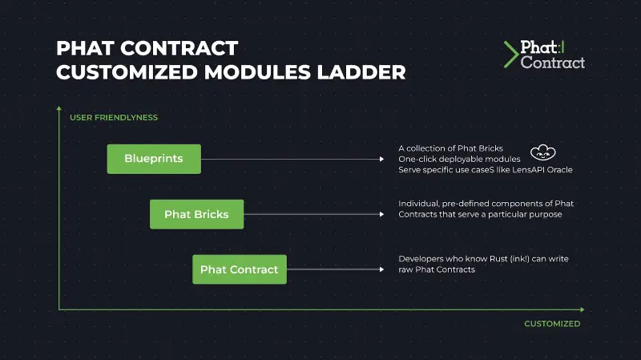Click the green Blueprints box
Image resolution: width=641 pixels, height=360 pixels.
coord(154,159)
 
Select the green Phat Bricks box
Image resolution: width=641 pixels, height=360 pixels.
coord(196,214)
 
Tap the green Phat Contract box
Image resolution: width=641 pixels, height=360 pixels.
coord(239,269)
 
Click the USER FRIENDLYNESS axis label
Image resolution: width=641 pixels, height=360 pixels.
coord(114,118)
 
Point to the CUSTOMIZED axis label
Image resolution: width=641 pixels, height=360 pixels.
coord(552,324)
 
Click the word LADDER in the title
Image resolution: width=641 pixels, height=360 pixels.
coord(361,72)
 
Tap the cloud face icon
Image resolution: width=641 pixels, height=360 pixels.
coord(543,152)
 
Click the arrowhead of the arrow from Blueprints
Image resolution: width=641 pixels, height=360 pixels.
coord(382,159)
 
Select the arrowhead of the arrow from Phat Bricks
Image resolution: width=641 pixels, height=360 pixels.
coord(382,214)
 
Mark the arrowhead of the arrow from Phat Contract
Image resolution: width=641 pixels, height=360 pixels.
coord(382,269)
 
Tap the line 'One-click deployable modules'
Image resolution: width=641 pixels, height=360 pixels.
coord(459,159)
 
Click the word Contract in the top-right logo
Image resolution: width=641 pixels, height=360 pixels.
coord(553,63)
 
